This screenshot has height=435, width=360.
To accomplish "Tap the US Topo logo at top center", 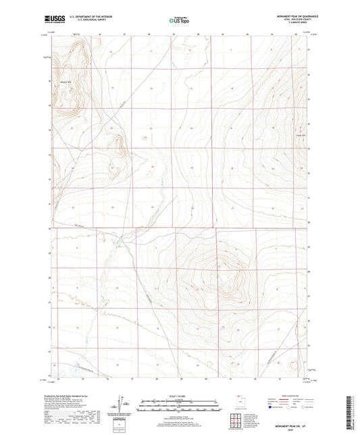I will [178, 20].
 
